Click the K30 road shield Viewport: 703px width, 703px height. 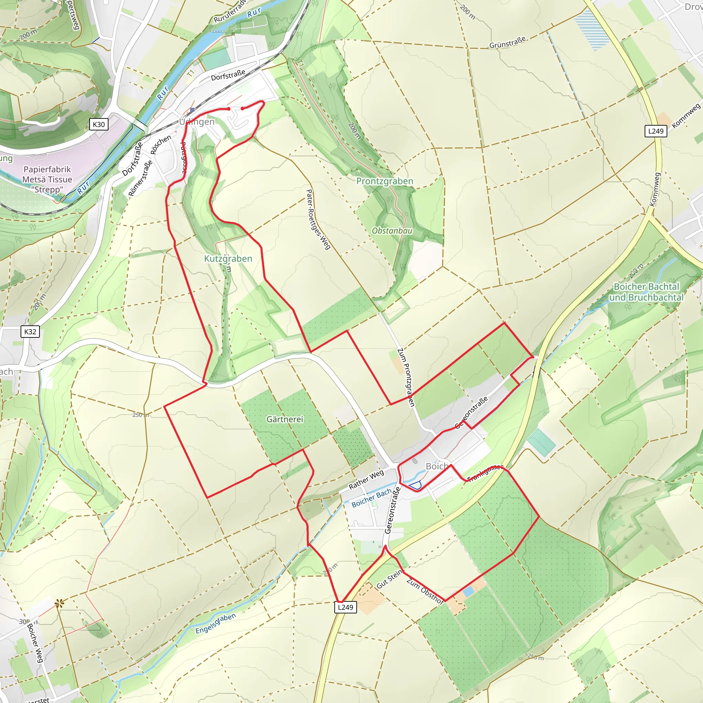click(x=99, y=125)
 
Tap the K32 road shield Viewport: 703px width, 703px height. click(x=30, y=332)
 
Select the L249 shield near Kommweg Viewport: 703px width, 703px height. click(x=656, y=131)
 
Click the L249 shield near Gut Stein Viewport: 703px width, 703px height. click(x=345, y=607)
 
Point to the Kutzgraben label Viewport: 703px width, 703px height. click(x=228, y=259)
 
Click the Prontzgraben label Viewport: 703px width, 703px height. click(x=384, y=181)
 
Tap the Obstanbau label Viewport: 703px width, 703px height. click(x=392, y=231)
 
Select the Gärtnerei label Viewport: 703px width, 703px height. click(x=285, y=419)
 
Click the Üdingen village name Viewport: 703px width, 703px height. click(x=197, y=122)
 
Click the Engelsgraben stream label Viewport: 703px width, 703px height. click(x=216, y=623)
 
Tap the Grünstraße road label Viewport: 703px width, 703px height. click(x=507, y=43)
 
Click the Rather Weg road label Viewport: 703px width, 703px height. click(x=366, y=480)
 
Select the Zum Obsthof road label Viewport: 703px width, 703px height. click(x=425, y=591)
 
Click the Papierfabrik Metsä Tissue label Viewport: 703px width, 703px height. click(x=47, y=180)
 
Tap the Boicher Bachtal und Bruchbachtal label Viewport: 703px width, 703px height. click(x=646, y=292)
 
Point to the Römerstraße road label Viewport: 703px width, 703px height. click(x=140, y=178)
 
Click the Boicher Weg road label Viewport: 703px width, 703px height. click(x=35, y=643)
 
